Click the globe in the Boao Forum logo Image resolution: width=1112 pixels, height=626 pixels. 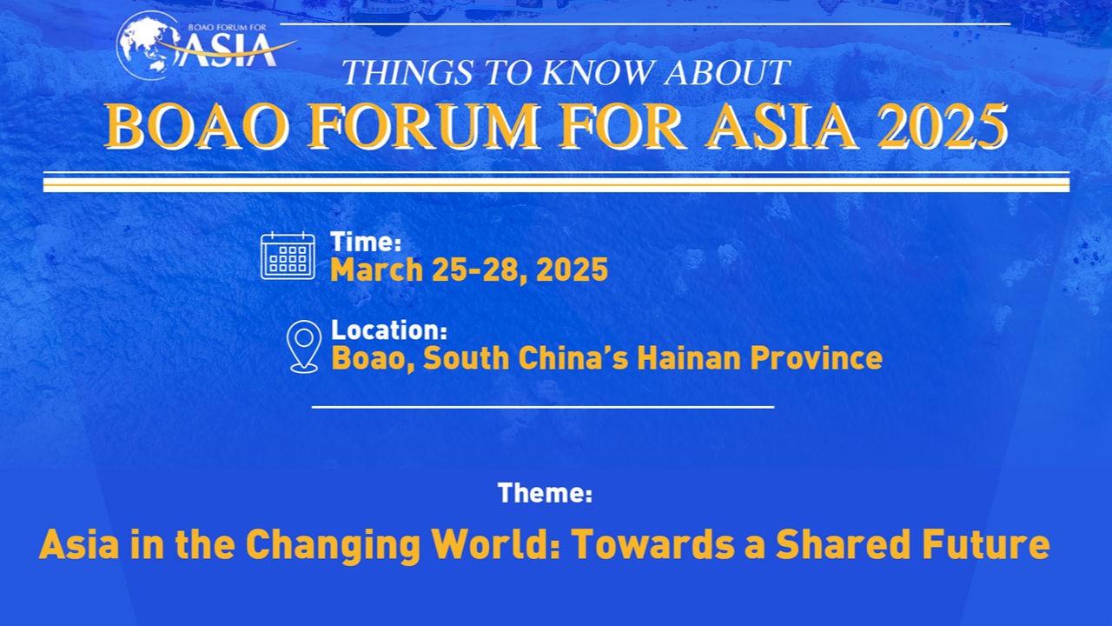coord(148,45)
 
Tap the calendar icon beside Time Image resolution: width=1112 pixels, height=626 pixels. coord(288,256)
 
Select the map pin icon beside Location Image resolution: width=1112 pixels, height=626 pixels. coord(304,346)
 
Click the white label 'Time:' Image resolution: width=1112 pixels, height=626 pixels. coord(366,242)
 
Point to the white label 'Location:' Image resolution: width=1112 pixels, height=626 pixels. coord(389,330)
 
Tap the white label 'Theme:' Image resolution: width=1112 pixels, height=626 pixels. coord(545,493)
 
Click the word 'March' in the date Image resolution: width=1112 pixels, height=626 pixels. coord(377,270)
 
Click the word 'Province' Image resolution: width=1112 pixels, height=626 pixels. coord(816,358)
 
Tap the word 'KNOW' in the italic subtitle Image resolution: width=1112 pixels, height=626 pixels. coord(597,72)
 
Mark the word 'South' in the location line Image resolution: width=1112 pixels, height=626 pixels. coord(467,358)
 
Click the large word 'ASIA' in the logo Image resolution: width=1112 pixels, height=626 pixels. coord(227,50)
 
